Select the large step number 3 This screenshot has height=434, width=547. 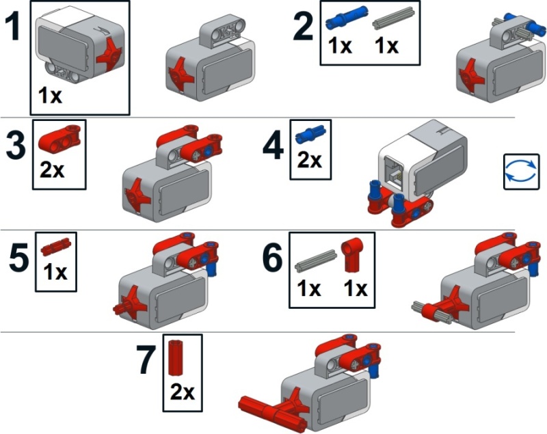click(x=16, y=146)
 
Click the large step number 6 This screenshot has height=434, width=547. click(x=272, y=258)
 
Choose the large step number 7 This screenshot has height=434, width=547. click(x=146, y=360)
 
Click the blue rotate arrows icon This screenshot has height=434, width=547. click(x=521, y=172)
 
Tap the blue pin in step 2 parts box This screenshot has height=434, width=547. click(x=347, y=18)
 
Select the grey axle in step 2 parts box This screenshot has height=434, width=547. click(x=394, y=18)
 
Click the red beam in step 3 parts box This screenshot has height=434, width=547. click(x=59, y=138)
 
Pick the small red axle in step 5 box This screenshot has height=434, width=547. click(x=56, y=247)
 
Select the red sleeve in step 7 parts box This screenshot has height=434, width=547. click(x=176, y=358)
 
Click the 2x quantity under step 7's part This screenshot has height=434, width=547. click(x=182, y=392)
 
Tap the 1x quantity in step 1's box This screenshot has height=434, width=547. click(x=50, y=95)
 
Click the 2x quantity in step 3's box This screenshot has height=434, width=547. click(x=52, y=169)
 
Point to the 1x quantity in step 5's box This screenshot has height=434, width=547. click(x=55, y=272)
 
